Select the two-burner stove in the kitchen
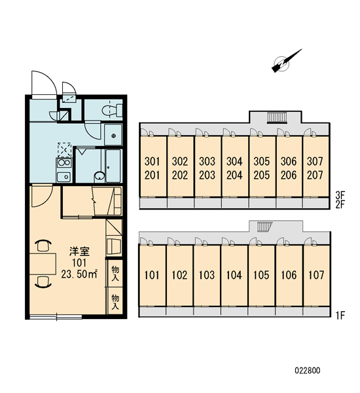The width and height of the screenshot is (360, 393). pyautogui.click(x=64, y=162)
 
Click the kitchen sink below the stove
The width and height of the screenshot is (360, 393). pyautogui.click(x=64, y=177)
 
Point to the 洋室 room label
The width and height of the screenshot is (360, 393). pyautogui.click(x=79, y=251)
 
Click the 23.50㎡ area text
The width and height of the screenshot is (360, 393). pyautogui.click(x=79, y=274)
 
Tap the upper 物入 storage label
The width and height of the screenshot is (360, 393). pyautogui.click(x=115, y=273)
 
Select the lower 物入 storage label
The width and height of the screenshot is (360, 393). pyautogui.click(x=115, y=302)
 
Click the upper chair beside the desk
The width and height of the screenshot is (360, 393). pyautogui.click(x=43, y=245)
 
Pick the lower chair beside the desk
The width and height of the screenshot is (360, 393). pyautogui.click(x=43, y=282)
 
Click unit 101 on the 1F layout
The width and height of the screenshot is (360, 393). pyautogui.click(x=152, y=275)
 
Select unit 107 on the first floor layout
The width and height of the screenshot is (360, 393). pyautogui.click(x=316, y=275)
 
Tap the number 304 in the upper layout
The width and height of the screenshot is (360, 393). pyautogui.click(x=234, y=161)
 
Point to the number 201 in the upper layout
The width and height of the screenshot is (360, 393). pyautogui.click(x=152, y=175)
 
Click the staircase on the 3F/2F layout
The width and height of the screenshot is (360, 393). pyautogui.click(x=277, y=117)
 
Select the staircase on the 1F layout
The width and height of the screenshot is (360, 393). pyautogui.click(x=264, y=227)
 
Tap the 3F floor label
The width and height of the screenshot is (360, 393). pyautogui.click(x=340, y=195)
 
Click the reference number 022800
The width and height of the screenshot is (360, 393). pyautogui.click(x=308, y=370)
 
